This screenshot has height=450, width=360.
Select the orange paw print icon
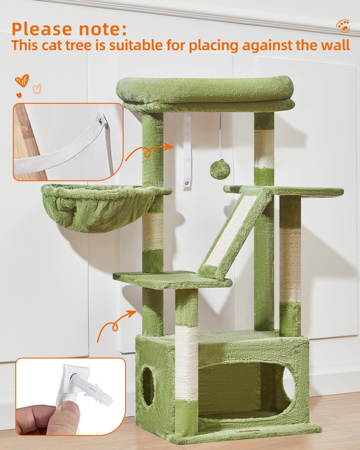coord(343,26)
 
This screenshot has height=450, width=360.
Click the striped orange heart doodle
coord(22,80)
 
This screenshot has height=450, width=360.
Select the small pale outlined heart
coord(37,89)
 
